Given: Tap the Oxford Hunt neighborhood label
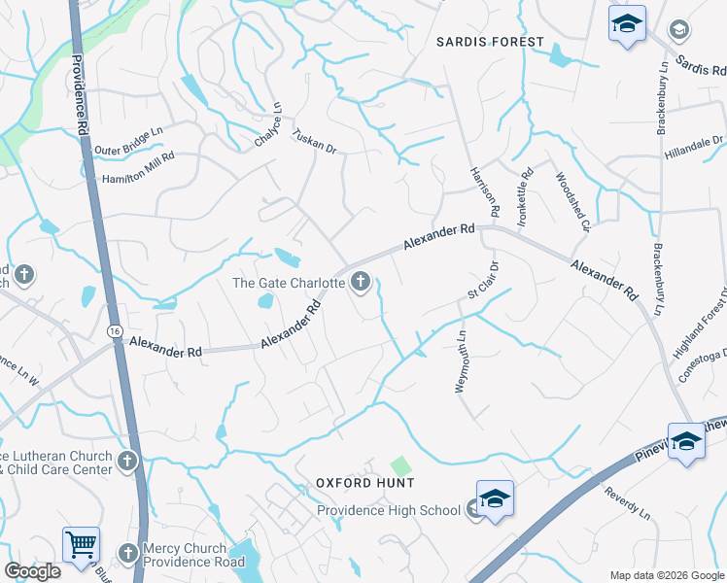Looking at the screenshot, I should click(365, 483).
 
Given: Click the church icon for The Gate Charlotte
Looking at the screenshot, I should click(361, 283).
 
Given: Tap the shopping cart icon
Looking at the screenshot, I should click(81, 544).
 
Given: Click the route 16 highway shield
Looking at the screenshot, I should click(115, 331).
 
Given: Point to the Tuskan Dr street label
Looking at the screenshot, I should click(314, 143).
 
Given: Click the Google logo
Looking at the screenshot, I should click(32, 571).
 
